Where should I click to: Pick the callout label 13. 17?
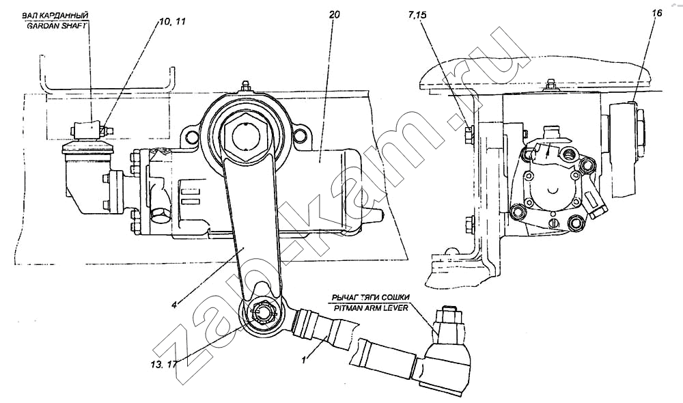(162, 364)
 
